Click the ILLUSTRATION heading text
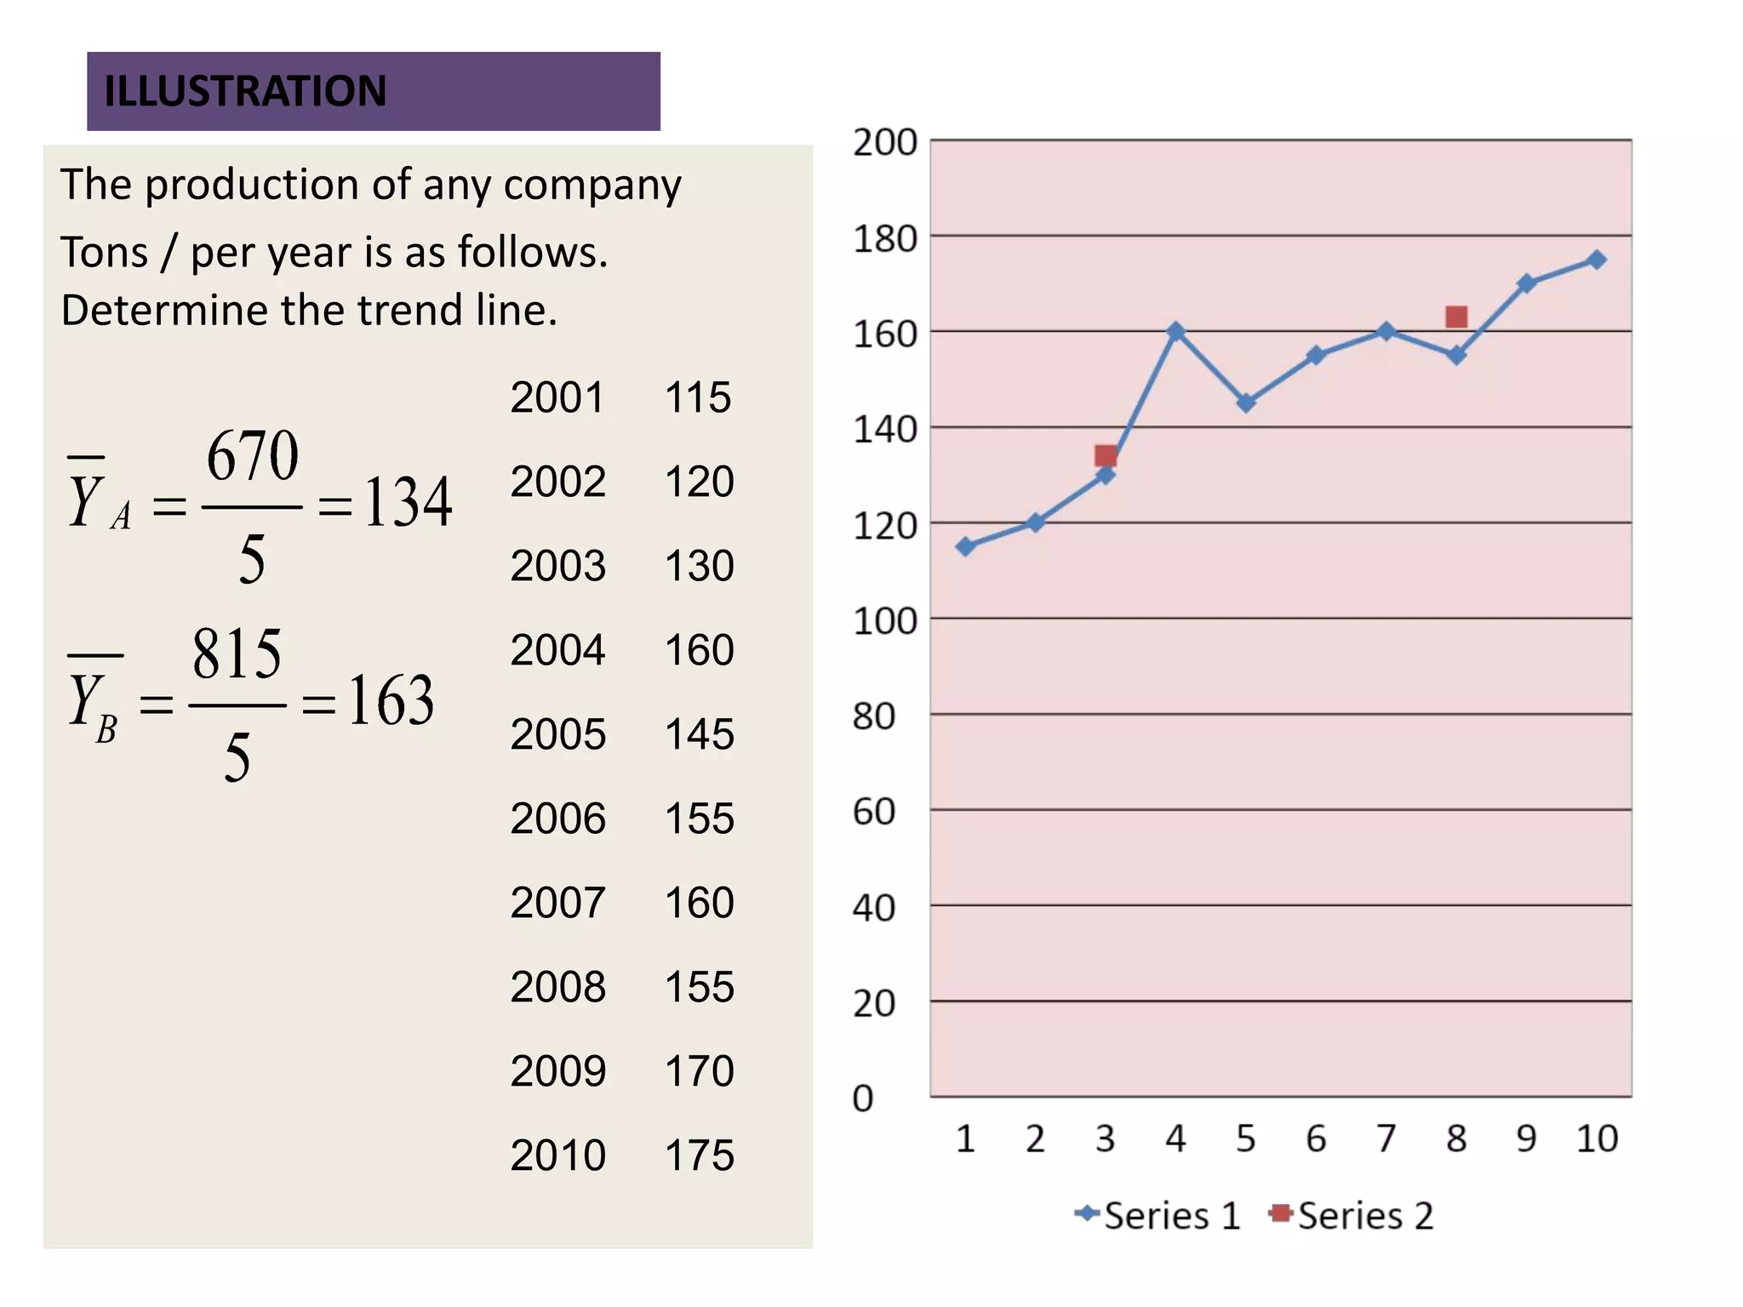pyautogui.click(x=244, y=91)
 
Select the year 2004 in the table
pyautogui.click(x=557, y=650)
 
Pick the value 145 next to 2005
pyautogui.click(x=699, y=734)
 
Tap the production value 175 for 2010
pyautogui.click(x=699, y=1156)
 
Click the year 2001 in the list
pyautogui.click(x=557, y=397)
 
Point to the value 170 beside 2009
pyautogui.click(x=699, y=1071)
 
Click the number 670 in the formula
pyautogui.click(x=253, y=457)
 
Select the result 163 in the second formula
pyautogui.click(x=391, y=701)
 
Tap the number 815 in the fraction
pyautogui.click(x=237, y=654)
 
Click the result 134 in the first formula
pyautogui.click(x=408, y=503)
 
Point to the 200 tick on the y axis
pyautogui.click(x=885, y=142)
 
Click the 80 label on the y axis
pyautogui.click(x=874, y=716)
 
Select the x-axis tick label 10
pyautogui.click(x=1597, y=1139)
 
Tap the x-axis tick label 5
pyautogui.click(x=1245, y=1139)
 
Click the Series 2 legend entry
pyautogui.click(x=1352, y=1215)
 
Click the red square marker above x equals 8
pyautogui.click(x=1456, y=317)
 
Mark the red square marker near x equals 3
pyautogui.click(x=1106, y=456)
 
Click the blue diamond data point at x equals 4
pyautogui.click(x=1175, y=331)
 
